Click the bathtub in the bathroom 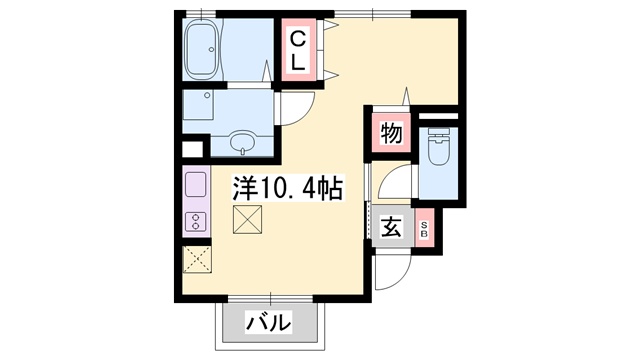(206, 51)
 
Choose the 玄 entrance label (392, 227)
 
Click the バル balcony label (269, 322)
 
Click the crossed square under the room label (247, 219)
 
